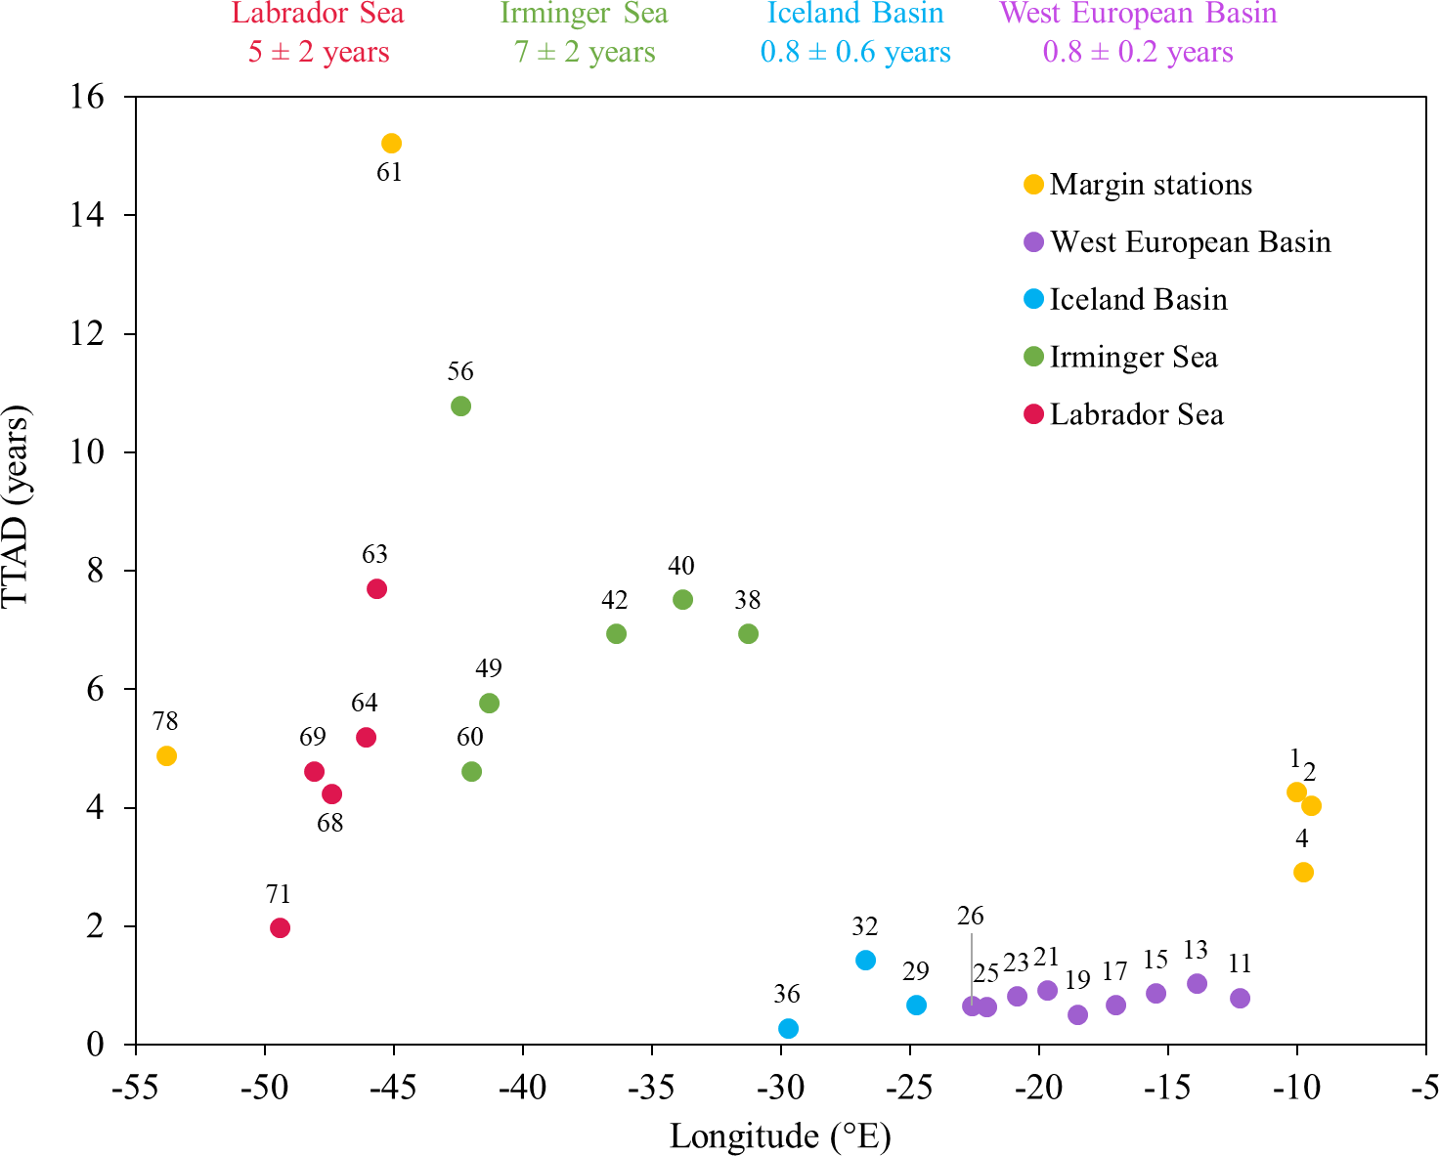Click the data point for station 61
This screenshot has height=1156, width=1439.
[x=391, y=144]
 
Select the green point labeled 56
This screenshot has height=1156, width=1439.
[x=460, y=406]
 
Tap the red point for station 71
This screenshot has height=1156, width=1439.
[x=280, y=927]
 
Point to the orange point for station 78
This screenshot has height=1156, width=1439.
[x=166, y=755]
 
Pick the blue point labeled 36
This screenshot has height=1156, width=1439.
[x=788, y=1028]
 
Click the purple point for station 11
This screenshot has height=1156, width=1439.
[x=1240, y=998]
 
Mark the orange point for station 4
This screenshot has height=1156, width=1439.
[x=1303, y=872]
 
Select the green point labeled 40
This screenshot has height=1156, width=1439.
[x=682, y=599]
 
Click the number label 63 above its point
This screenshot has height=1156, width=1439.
[x=374, y=555]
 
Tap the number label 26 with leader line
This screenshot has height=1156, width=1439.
[x=970, y=916]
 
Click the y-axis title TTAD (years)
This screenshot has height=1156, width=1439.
[x=17, y=506]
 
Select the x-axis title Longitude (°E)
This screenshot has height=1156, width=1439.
[x=780, y=1136]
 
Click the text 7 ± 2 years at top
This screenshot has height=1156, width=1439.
[x=585, y=52]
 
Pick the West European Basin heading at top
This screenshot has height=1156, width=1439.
[x=1138, y=14]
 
